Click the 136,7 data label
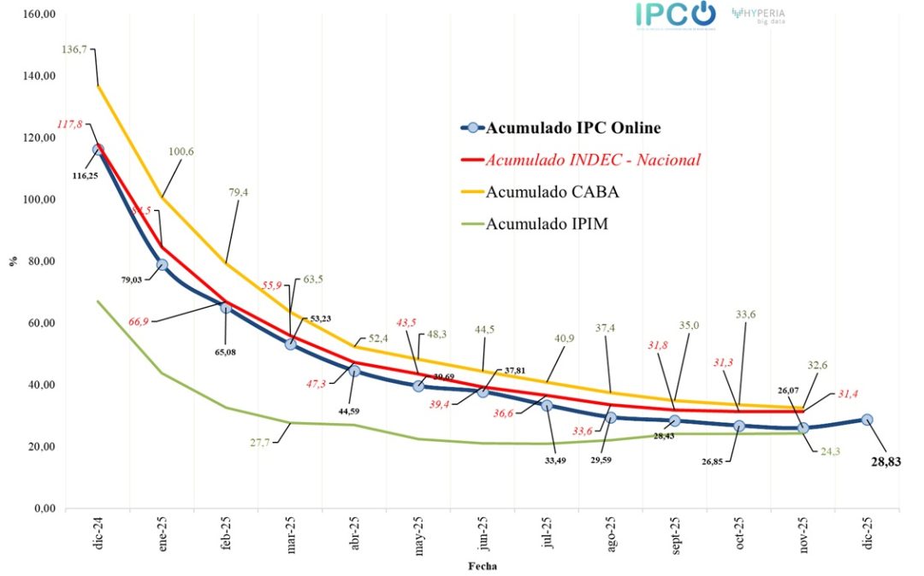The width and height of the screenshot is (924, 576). (76, 50)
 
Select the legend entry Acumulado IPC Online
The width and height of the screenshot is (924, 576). (572, 129)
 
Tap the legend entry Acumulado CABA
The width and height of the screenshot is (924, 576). (552, 192)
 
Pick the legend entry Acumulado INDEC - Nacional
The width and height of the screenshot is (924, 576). (593, 160)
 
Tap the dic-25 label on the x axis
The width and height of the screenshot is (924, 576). (867, 537)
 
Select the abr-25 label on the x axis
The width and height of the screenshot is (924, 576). (354, 537)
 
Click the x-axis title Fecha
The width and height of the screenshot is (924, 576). (483, 566)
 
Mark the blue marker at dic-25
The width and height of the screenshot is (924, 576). (867, 420)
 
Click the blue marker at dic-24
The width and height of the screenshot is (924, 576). (98, 150)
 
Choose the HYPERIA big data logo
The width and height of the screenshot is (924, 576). (758, 16)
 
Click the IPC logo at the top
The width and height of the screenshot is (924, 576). (675, 15)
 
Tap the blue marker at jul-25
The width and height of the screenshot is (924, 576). (547, 405)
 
